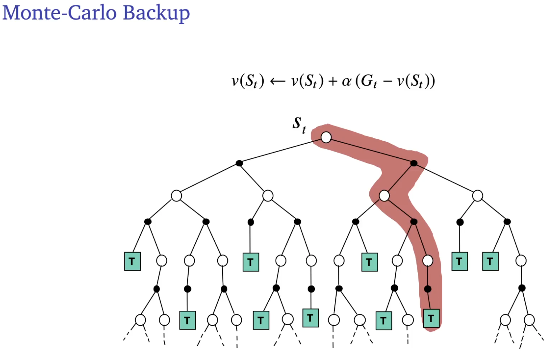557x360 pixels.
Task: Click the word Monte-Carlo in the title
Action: coord(60,13)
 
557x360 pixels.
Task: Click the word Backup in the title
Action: coord(156,13)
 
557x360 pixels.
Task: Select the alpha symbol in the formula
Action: coord(347,81)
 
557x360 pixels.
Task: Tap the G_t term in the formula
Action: coord(369,81)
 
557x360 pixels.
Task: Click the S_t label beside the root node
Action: coord(299,124)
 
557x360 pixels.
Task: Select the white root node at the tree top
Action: coord(326,137)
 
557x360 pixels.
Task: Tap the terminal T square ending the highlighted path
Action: coord(431,319)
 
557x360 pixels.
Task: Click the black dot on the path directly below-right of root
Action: coord(414,163)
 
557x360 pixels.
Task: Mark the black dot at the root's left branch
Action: coord(239,163)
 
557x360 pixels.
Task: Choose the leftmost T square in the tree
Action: coord(132,261)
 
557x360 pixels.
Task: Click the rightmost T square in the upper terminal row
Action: coord(490,261)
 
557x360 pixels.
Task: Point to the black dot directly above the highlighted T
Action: coord(428,289)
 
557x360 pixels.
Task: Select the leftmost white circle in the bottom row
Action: coord(140,320)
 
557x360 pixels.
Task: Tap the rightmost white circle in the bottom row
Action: coord(529,320)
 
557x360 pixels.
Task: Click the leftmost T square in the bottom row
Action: coord(187,320)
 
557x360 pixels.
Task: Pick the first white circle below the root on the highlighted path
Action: coord(384,196)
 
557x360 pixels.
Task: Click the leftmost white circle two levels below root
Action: coord(176,196)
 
